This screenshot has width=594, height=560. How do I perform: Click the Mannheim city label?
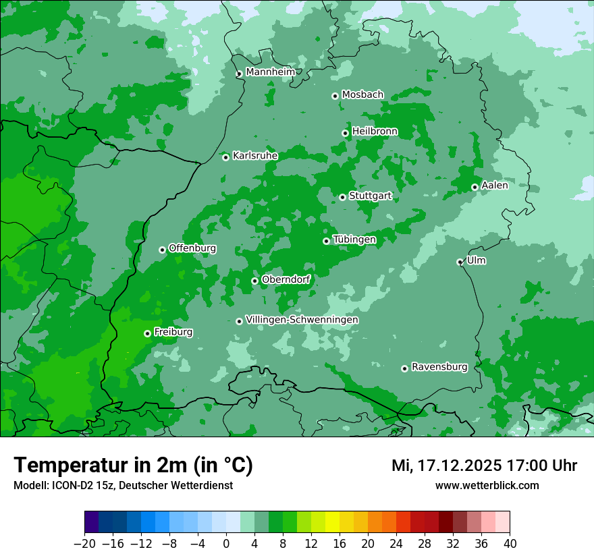pyautogui.click(x=270, y=72)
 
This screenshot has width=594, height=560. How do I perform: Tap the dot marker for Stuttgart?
pyautogui.click(x=343, y=197)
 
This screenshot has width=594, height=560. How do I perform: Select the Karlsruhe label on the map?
pyautogui.click(x=255, y=156)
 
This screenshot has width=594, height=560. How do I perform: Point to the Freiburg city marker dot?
pyautogui.click(x=147, y=333)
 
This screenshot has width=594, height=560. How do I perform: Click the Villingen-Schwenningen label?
pyautogui.click(x=302, y=320)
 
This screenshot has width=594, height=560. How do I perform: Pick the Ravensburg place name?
pyautogui.click(x=439, y=367)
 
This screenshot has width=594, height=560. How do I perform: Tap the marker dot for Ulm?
pyautogui.click(x=460, y=262)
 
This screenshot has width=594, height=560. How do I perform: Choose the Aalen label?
pyautogui.click(x=495, y=186)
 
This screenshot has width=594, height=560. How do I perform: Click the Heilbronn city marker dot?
pyautogui.click(x=346, y=133)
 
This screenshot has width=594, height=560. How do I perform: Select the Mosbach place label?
pyautogui.click(x=362, y=94)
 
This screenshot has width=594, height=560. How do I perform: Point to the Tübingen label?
pyautogui.click(x=354, y=240)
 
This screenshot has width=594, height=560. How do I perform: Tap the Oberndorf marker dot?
pyautogui.click(x=255, y=281)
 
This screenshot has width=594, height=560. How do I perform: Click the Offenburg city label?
pyautogui.click(x=192, y=248)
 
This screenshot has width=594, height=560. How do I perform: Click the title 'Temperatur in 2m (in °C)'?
pyautogui.click(x=133, y=465)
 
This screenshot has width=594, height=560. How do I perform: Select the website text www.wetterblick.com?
pyautogui.click(x=487, y=485)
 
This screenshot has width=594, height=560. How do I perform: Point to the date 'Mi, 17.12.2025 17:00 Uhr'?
pyautogui.click(x=484, y=466)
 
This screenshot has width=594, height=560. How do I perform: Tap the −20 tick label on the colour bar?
pyautogui.click(x=84, y=544)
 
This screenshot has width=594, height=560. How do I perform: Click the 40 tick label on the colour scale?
pyautogui.click(x=510, y=544)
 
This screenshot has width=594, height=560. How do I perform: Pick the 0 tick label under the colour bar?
pyautogui.click(x=226, y=544)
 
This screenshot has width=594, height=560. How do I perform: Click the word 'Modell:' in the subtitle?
pyautogui.click(x=30, y=486)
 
